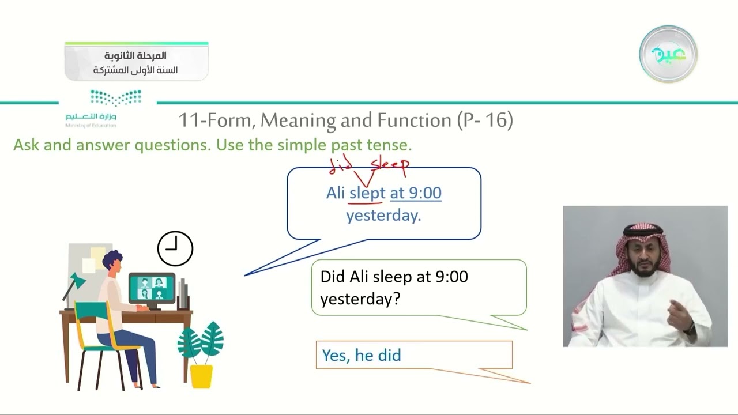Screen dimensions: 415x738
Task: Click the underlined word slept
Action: [367, 193]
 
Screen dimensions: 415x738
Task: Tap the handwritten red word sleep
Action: [390, 165]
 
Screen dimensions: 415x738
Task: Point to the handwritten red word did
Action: [341, 165]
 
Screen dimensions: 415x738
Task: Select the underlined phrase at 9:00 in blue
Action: [416, 193]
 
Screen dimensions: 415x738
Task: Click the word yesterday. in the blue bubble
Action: [383, 216]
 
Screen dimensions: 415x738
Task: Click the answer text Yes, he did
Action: [362, 355]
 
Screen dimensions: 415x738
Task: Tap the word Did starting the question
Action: [333, 277]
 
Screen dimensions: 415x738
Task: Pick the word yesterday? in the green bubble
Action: [360, 299]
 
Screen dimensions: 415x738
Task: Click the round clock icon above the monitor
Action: [175, 248]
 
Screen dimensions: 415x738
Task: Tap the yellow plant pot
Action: [201, 375]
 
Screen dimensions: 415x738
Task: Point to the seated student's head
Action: [112, 263]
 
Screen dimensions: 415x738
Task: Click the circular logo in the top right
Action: [668, 54]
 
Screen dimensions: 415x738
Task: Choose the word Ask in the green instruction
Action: [26, 145]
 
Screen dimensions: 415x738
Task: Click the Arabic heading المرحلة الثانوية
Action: [135, 56]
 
